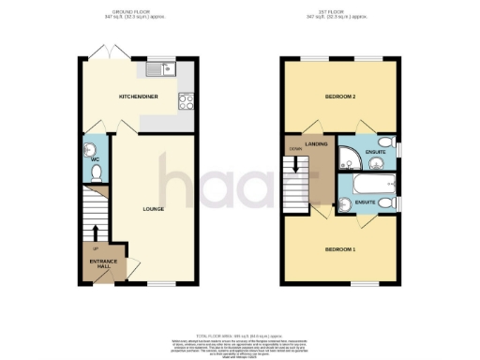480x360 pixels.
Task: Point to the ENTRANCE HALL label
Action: [x=102, y=262]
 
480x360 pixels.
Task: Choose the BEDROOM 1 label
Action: [x=341, y=247]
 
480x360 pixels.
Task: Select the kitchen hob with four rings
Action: [x=184, y=100]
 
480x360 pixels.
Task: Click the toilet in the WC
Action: [x=95, y=173]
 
